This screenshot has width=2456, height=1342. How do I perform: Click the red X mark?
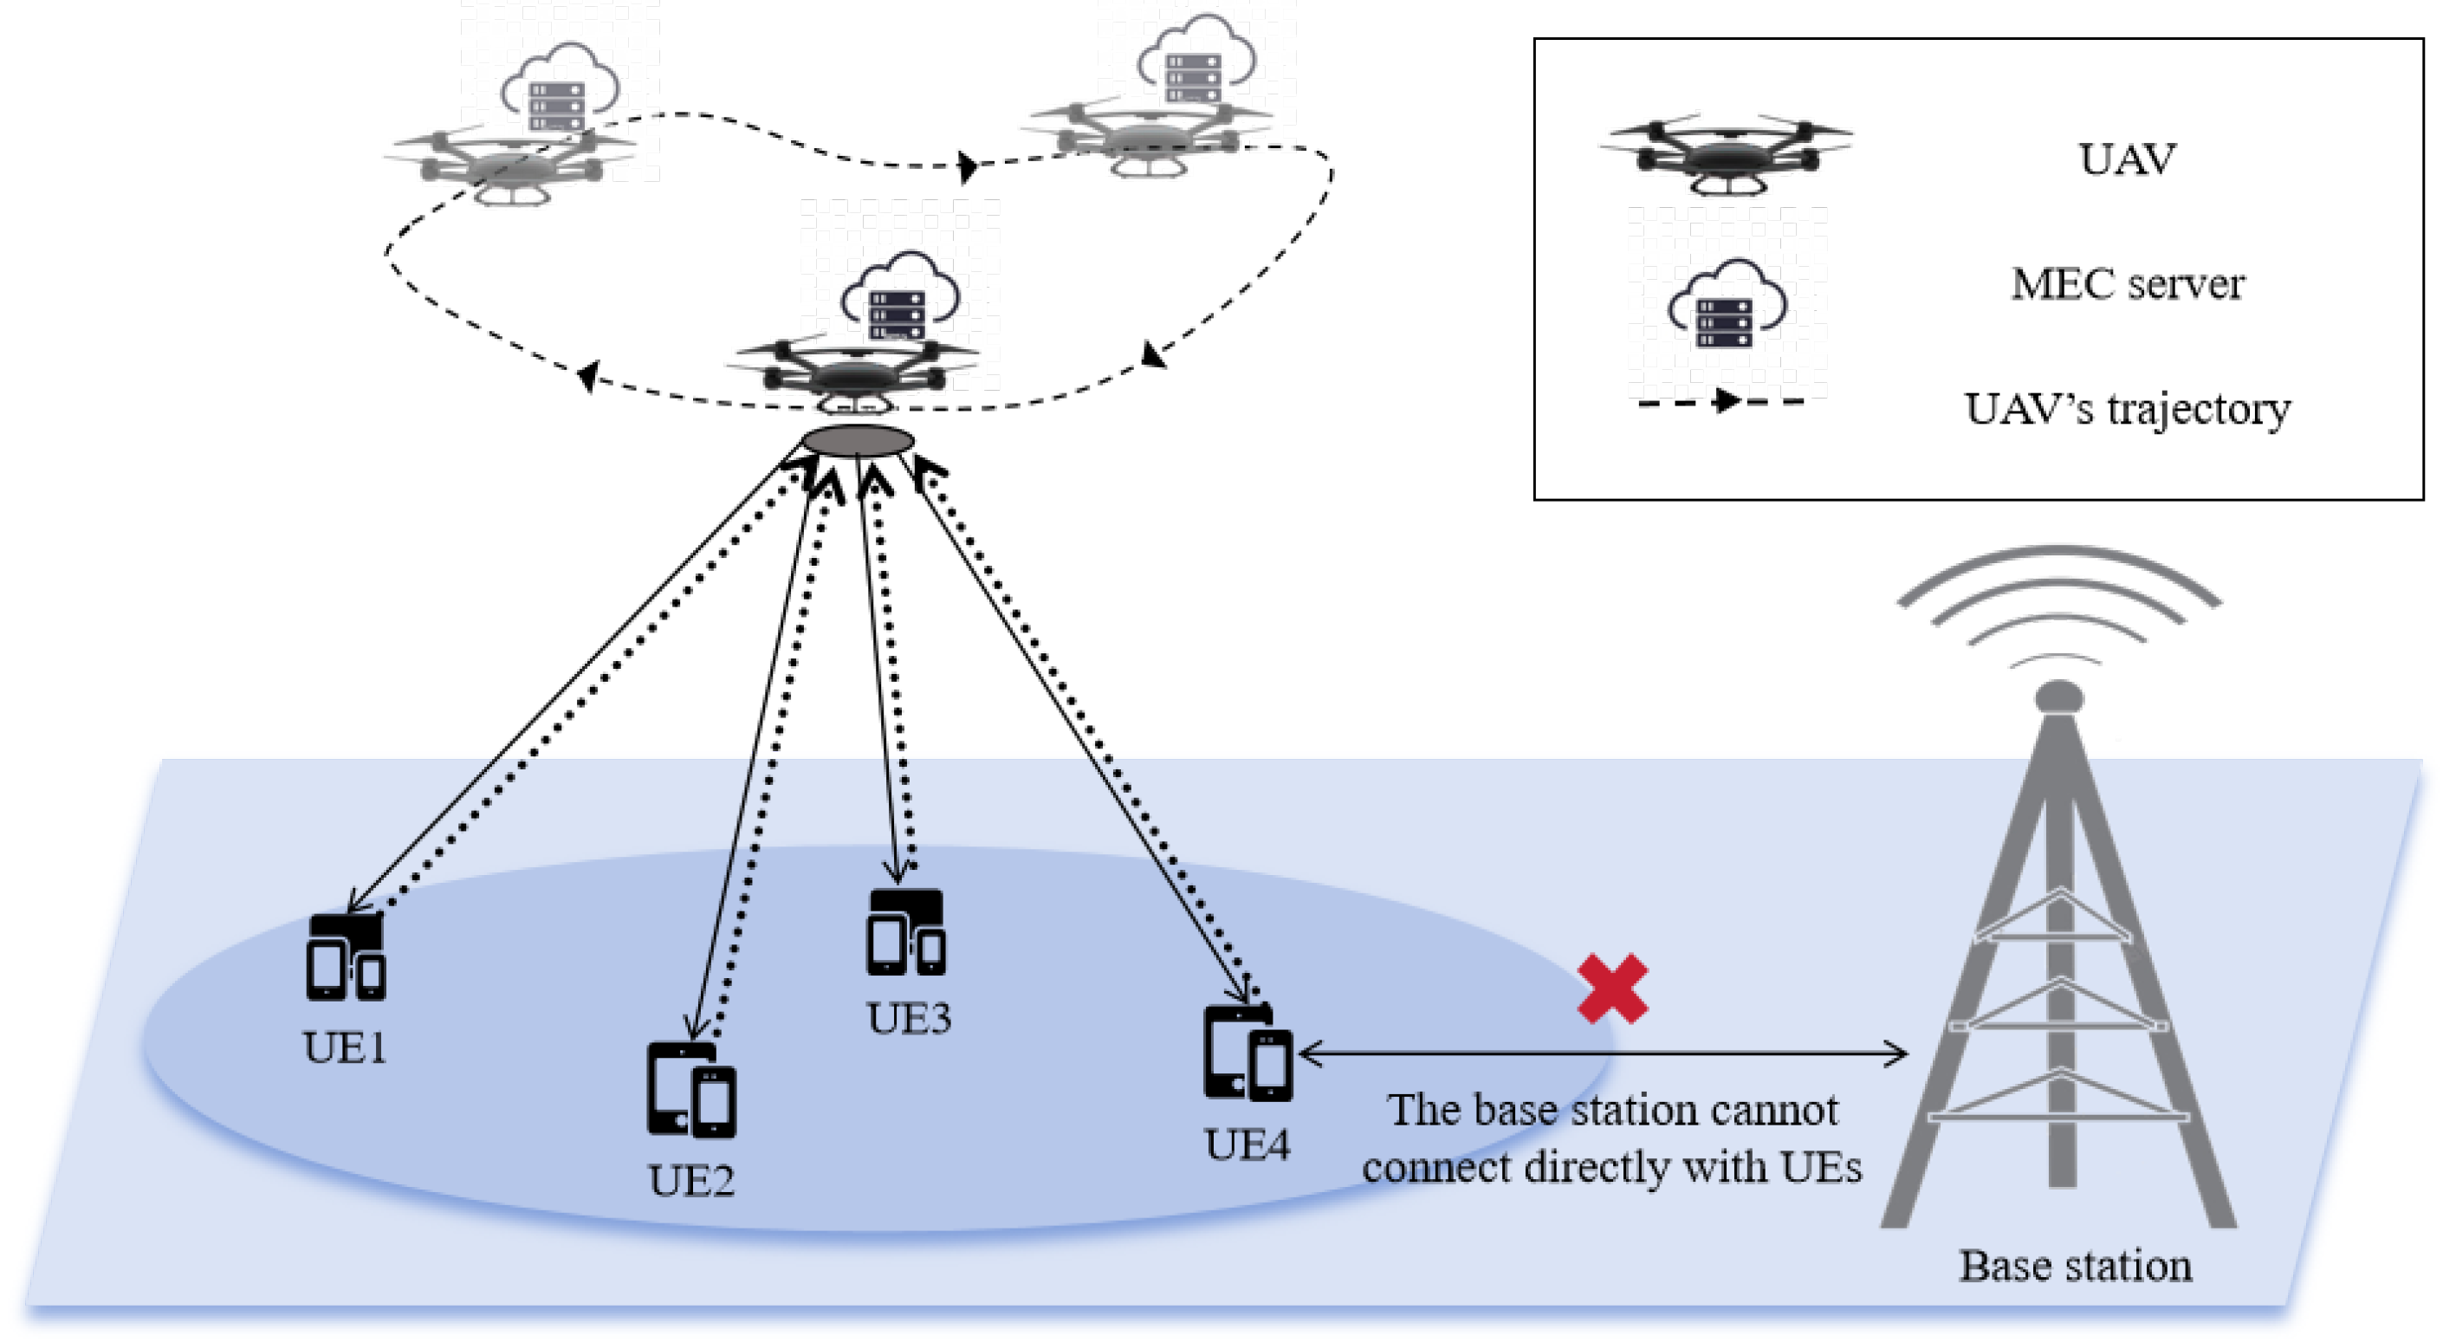[x=1611, y=989]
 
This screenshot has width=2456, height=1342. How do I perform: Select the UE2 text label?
[x=691, y=1181]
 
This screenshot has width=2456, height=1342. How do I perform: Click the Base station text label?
[x=2075, y=1266]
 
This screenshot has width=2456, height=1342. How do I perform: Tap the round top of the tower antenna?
[x=2058, y=696]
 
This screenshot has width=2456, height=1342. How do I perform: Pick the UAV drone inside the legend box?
[x=1725, y=152]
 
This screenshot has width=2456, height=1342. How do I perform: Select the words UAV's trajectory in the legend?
[x=2126, y=409]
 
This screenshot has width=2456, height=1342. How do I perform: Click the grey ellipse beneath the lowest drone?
[x=857, y=440]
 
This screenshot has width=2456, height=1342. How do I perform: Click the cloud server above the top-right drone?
[x=1195, y=62]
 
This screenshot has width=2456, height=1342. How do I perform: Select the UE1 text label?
[x=344, y=1047]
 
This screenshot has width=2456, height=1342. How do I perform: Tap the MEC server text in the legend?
[x=2127, y=283]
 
